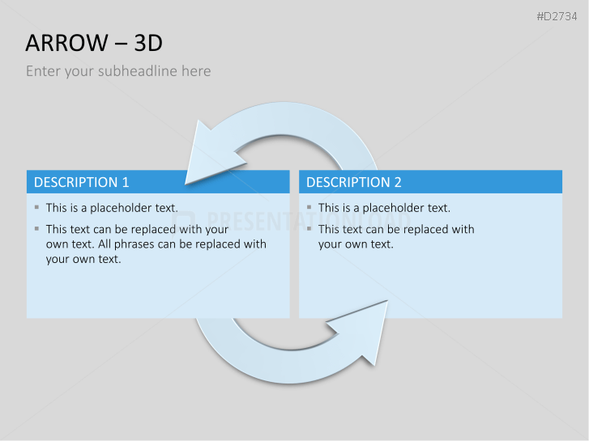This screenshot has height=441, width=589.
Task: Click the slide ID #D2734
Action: [557, 16]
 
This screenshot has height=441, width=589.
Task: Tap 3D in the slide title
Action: [148, 43]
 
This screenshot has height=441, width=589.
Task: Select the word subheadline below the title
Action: [138, 71]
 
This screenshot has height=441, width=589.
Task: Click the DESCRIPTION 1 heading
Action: [82, 182]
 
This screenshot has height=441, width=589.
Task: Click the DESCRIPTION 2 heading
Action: [354, 182]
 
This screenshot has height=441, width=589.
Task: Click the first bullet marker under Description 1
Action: [36, 207]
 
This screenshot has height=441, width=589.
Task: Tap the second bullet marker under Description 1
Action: [36, 228]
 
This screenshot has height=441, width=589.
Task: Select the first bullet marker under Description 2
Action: [309, 207]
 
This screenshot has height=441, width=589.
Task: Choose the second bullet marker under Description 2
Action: [309, 228]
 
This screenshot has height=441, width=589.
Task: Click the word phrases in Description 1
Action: [134, 244]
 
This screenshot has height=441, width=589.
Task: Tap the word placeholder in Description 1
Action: [120, 208]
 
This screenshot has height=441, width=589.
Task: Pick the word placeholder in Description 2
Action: [393, 208]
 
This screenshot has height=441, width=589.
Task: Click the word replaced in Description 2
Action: [425, 229]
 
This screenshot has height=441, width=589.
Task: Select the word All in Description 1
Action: [105, 244]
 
